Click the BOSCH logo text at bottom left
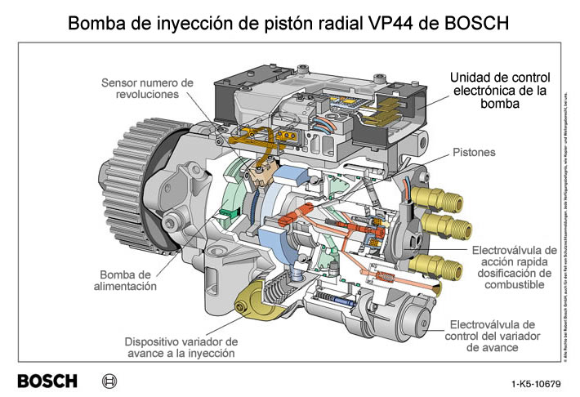click(x=47, y=381)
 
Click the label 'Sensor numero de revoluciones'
click(x=147, y=88)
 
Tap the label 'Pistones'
click(x=474, y=153)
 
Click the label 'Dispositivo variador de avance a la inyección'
click(x=181, y=347)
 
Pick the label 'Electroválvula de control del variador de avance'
click(x=493, y=336)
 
